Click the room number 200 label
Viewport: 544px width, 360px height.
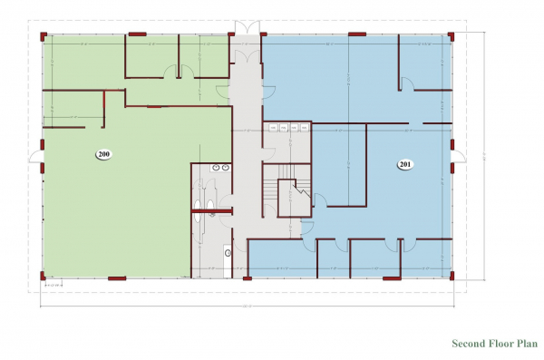tap(104, 155)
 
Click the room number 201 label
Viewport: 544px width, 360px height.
tap(404, 164)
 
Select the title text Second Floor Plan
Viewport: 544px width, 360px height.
tap(492, 344)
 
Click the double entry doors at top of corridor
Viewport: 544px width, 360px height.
tap(244, 27)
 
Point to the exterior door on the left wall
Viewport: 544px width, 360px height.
tap(36, 157)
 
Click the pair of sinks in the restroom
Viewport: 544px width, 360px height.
tap(219, 168)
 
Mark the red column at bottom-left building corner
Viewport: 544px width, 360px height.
tap(43, 277)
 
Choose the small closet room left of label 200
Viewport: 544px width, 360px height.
tap(73, 109)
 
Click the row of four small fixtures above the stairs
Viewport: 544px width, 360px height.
tap(288, 128)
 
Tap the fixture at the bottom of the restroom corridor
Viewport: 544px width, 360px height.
tap(229, 252)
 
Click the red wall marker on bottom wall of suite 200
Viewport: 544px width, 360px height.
tap(116, 277)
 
